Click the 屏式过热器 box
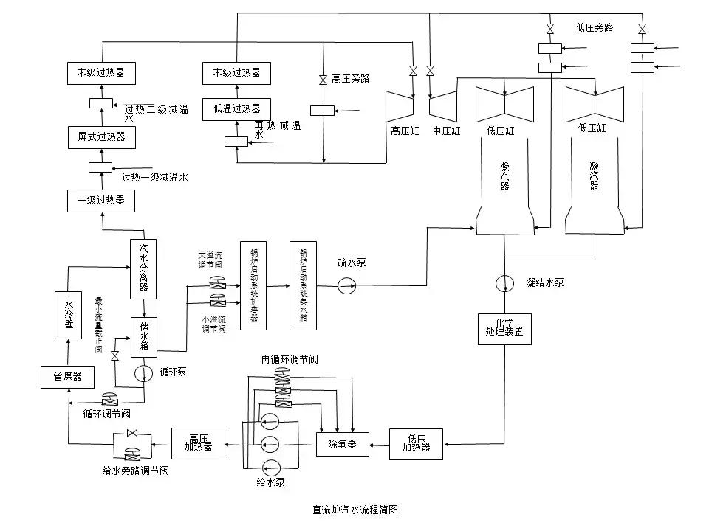(x=101, y=136)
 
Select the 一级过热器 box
(x=101, y=200)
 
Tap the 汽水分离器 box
(x=143, y=268)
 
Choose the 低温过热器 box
(x=236, y=108)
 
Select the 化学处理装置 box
(x=504, y=327)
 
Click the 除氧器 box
(x=343, y=444)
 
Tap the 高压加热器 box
(x=199, y=442)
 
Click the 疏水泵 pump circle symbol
(x=346, y=286)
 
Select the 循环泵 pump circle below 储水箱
(x=144, y=373)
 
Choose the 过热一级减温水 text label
(x=155, y=177)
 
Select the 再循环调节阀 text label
(x=289, y=359)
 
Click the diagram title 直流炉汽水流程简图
(x=355, y=510)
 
